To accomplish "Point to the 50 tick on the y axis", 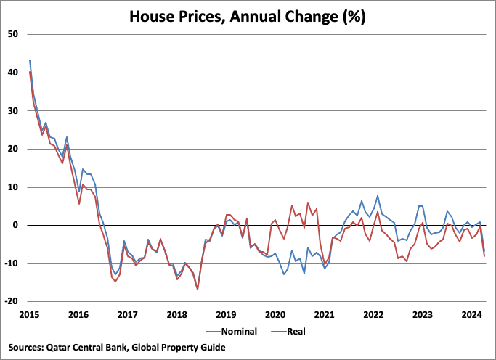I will pos(12,34).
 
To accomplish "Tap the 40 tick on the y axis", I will pos(12,73).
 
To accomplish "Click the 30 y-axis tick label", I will pos(12,110).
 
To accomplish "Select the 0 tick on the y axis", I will pos(15,225).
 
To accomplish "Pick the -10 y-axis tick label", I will pos(11,263).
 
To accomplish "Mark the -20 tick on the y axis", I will pos(11,301).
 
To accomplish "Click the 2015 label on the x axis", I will pos(29,314).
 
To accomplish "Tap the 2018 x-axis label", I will pos(176,314).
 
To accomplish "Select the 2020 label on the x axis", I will pos(275,314).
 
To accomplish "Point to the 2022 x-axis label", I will pos(373,314).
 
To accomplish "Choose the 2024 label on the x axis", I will pos(472,314).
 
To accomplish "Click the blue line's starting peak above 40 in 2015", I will pos(30,60).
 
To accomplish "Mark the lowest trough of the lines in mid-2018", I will pos(198,290).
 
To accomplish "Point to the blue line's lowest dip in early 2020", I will pos(283,274).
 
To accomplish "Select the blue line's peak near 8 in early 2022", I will pos(378,196).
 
